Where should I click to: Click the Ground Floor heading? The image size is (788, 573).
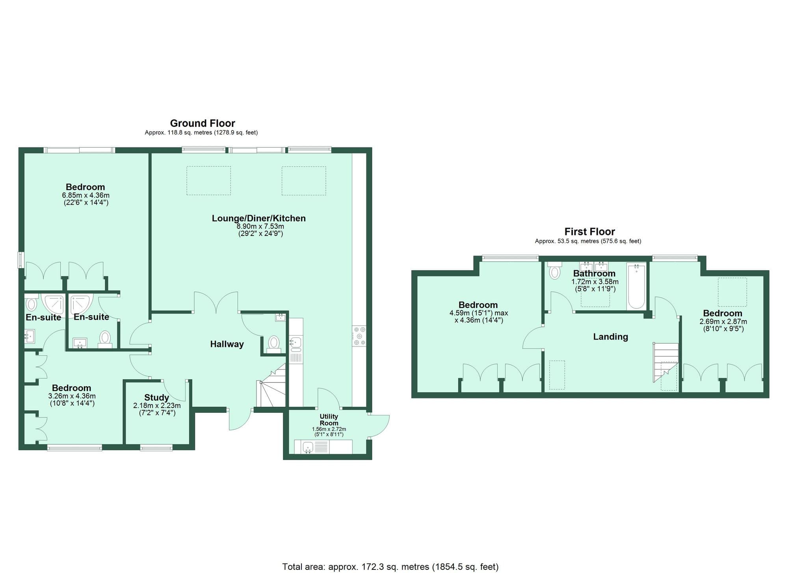click(202, 123)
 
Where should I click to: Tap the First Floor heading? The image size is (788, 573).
click(589, 232)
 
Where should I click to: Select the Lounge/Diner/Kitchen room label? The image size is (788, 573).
click(258, 218)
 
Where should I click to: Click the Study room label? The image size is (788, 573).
click(156, 397)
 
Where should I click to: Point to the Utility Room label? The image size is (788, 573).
click(329, 419)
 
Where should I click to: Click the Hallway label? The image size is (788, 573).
click(227, 344)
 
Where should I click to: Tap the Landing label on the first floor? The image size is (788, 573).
click(610, 337)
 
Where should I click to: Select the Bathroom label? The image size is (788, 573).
click(594, 273)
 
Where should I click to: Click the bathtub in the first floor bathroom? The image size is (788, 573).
click(636, 286)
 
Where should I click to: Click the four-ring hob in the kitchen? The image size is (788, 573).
click(359, 336)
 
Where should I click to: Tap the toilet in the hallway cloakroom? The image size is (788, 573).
click(273, 343)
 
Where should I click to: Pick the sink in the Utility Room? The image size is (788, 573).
click(308, 447)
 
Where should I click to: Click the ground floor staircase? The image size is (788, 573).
click(272, 388)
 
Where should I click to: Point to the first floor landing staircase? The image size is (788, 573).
click(666, 360)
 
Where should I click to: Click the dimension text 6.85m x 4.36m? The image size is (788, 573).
click(85, 195)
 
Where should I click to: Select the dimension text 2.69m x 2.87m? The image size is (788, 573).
click(723, 321)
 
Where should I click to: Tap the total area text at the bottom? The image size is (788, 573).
click(390, 567)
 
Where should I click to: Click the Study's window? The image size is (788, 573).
click(156, 447)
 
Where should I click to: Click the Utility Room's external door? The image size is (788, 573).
click(379, 425)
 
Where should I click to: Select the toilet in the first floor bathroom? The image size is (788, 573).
click(554, 271)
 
